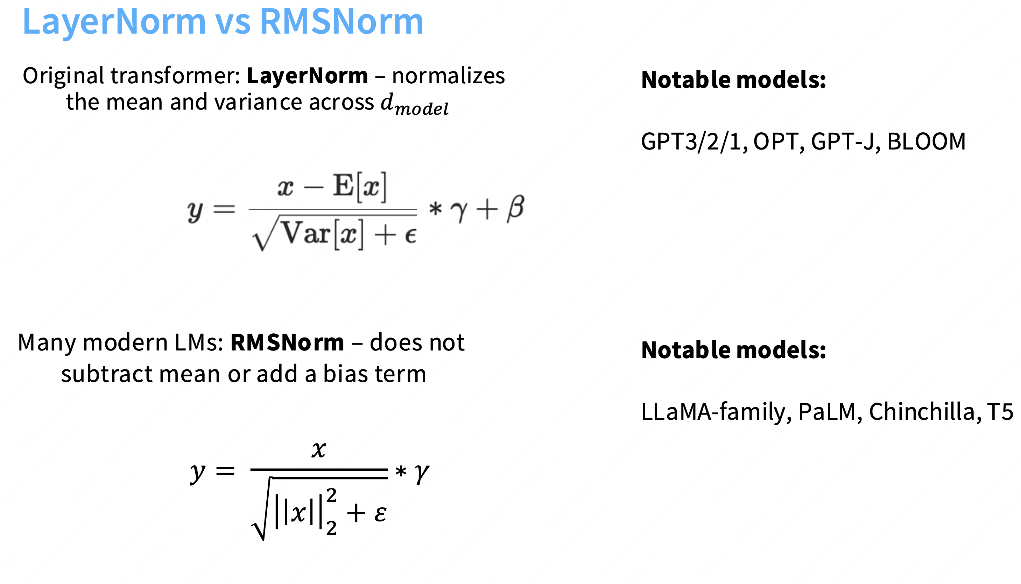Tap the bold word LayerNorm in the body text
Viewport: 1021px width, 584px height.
coord(307,76)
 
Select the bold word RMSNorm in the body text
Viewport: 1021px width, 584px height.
coord(287,343)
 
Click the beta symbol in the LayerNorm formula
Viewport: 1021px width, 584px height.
coord(515,209)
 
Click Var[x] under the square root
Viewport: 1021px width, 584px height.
coord(323,234)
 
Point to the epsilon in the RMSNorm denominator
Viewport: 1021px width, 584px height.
coord(380,513)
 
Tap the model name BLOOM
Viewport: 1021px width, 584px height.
coord(926,141)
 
